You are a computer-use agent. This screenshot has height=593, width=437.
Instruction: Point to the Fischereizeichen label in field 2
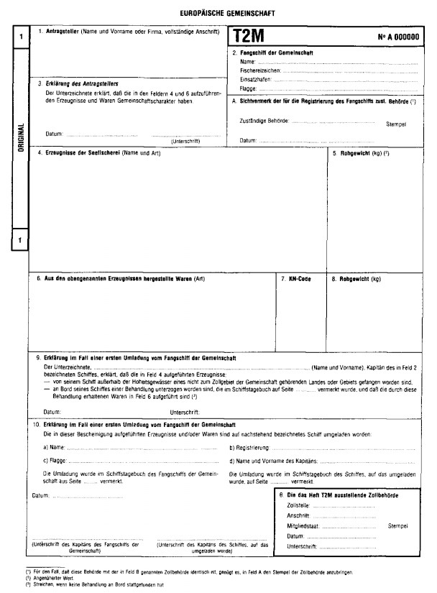(x=259, y=71)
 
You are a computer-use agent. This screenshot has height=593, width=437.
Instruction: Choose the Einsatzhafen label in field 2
(x=254, y=79)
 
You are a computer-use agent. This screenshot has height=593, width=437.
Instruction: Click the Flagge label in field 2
(x=249, y=88)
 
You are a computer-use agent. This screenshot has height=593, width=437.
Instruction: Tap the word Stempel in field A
(x=396, y=124)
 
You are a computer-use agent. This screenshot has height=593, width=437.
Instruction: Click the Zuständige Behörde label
(x=264, y=121)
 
